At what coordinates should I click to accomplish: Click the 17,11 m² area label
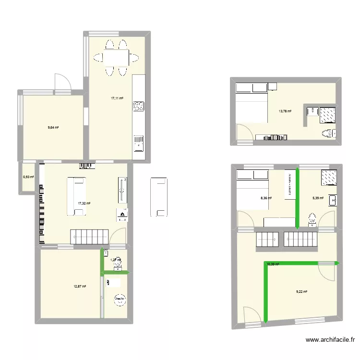click(x=117, y=98)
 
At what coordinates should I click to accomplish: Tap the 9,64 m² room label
click(x=53, y=128)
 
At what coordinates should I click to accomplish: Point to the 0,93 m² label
click(x=29, y=177)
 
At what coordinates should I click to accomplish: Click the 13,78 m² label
click(x=285, y=111)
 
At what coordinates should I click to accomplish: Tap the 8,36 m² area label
click(x=266, y=198)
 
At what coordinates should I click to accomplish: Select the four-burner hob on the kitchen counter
click(x=139, y=106)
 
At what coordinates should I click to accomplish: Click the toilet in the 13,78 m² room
click(x=327, y=132)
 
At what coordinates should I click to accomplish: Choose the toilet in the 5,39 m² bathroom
click(x=313, y=220)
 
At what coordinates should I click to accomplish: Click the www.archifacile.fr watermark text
click(x=331, y=341)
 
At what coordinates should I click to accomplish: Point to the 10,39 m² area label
click(x=273, y=264)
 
